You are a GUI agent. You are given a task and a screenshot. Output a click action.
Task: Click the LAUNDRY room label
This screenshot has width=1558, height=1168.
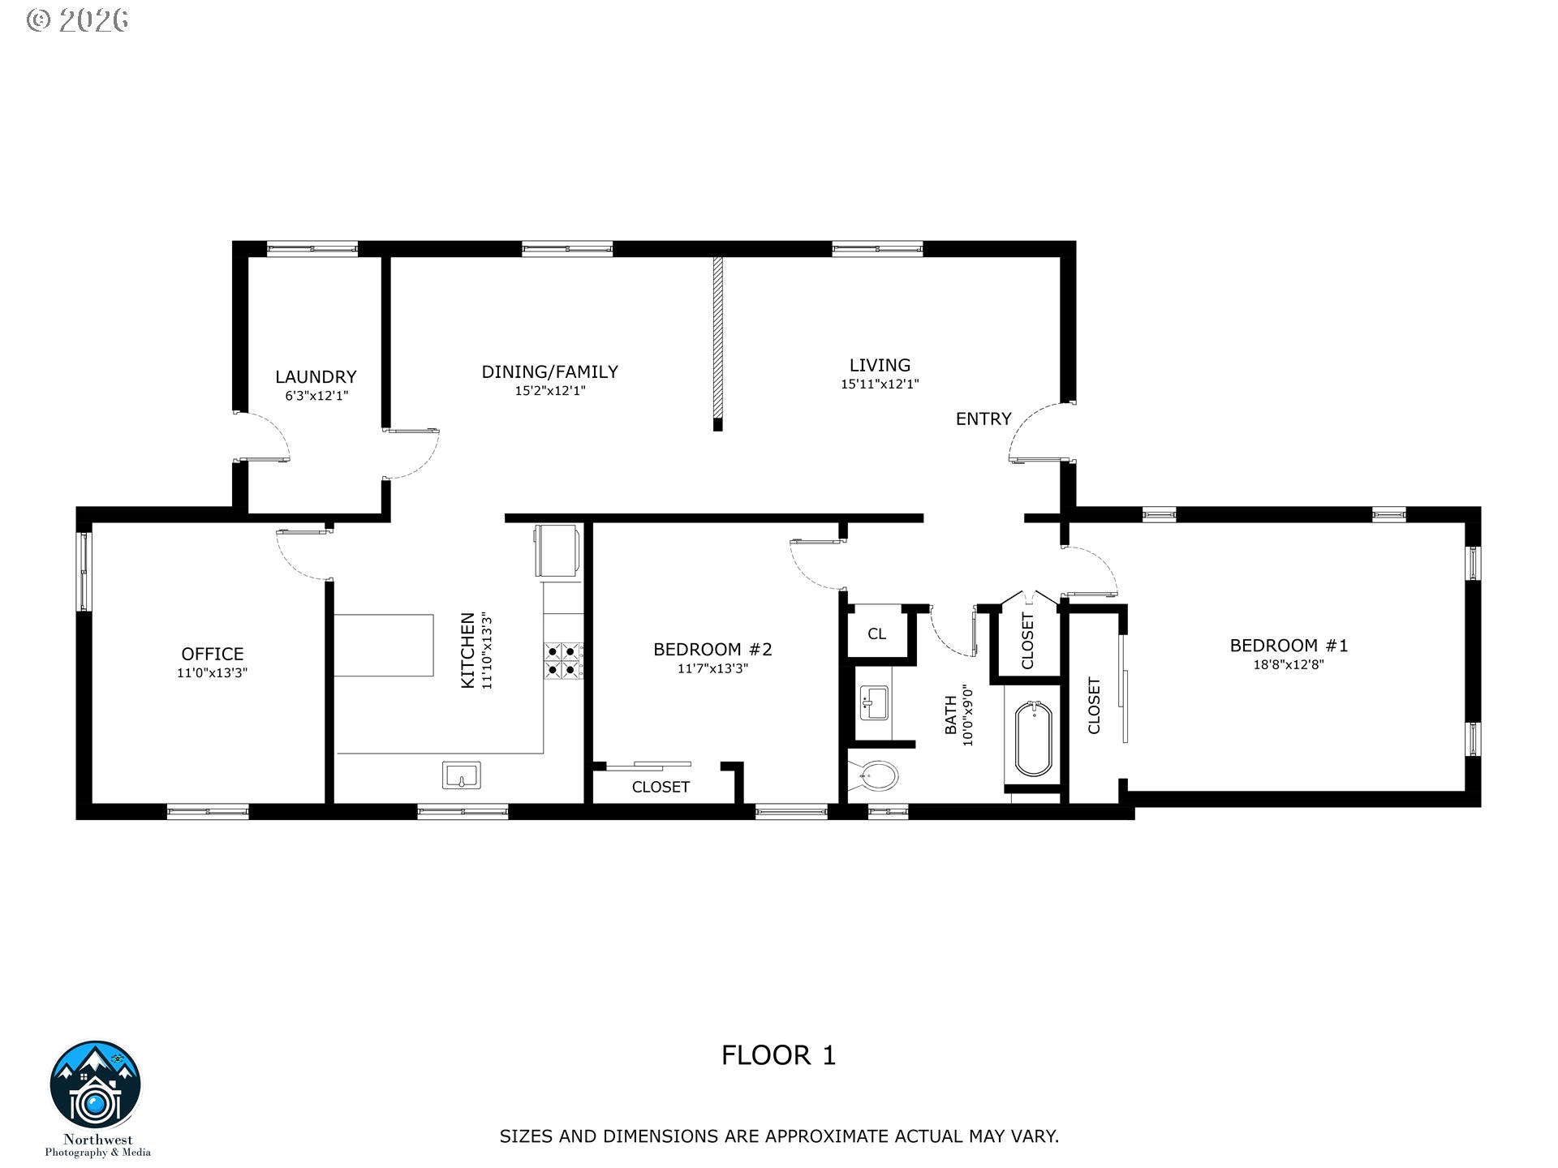(316, 376)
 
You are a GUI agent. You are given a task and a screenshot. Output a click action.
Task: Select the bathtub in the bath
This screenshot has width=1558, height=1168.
(1034, 739)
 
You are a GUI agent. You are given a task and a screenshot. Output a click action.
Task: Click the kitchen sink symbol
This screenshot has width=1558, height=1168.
(461, 775)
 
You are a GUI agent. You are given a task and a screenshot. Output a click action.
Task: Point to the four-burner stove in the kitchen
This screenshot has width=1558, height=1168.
(563, 659)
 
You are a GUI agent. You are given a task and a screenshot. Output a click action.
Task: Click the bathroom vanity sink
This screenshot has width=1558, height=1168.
(874, 702)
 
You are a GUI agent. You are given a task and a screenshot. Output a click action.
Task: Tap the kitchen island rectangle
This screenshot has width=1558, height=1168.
(385, 645)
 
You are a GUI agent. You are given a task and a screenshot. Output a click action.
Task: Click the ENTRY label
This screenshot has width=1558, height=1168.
(983, 419)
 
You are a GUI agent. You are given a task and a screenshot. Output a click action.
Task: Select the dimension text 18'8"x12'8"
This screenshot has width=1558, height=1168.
(1288, 664)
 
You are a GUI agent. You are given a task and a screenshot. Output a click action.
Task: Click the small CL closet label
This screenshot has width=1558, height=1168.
(876, 633)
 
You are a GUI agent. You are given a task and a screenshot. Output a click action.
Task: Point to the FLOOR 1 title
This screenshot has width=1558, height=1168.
(778, 1055)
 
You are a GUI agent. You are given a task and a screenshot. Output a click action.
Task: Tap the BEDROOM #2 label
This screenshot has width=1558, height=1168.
(712, 649)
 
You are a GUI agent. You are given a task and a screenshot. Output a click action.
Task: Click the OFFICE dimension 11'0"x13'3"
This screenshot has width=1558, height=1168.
(212, 672)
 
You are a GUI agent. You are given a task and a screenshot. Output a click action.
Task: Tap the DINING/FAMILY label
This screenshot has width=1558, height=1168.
(549, 371)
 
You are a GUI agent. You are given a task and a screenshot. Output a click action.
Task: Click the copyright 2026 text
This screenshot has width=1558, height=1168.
(78, 19)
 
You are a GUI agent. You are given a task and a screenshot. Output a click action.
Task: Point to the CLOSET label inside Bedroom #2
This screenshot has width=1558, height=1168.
(661, 787)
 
